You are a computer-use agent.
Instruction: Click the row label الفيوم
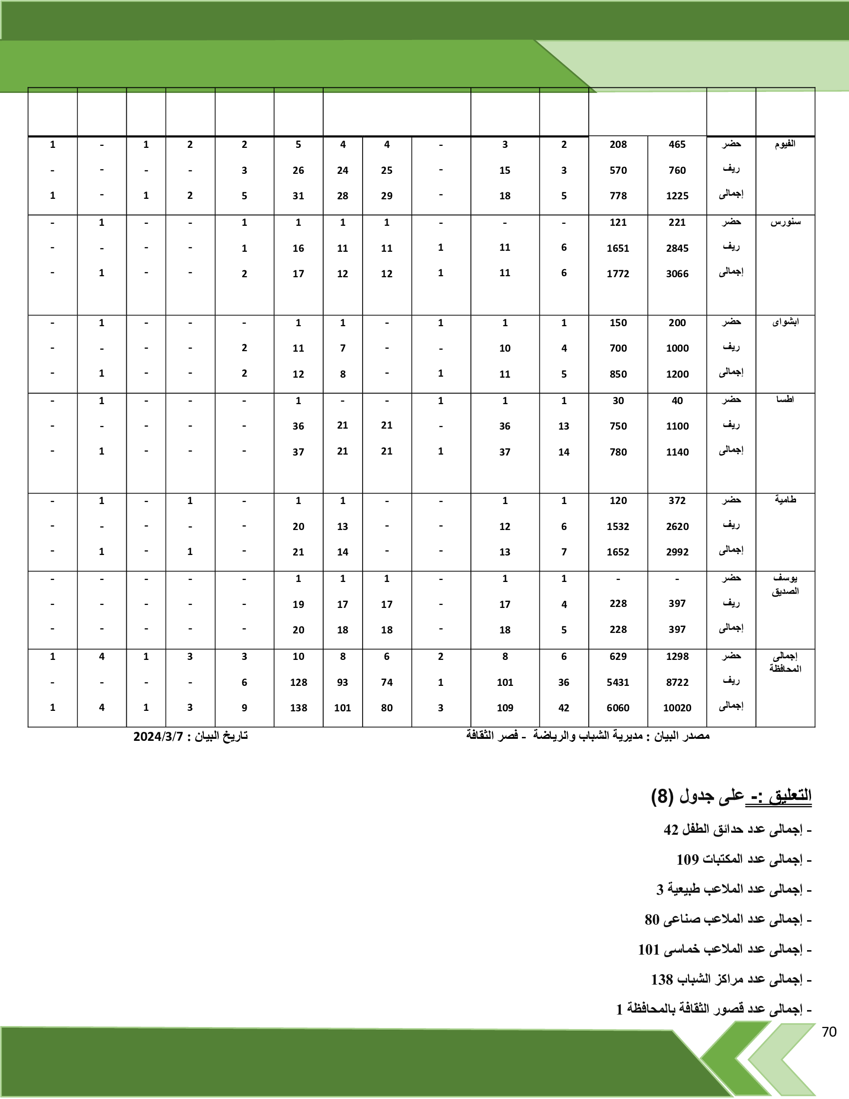click(x=785, y=144)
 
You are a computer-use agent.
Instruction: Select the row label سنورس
click(x=785, y=222)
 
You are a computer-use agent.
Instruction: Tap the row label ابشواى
click(x=785, y=322)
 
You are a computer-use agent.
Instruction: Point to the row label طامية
click(x=785, y=500)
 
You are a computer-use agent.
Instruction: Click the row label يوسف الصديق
click(x=785, y=584)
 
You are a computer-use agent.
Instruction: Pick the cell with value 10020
click(x=677, y=707)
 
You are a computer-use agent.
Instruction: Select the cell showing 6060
click(x=618, y=707)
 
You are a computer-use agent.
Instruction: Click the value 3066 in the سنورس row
click(x=677, y=274)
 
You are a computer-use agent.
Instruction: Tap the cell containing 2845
click(x=677, y=248)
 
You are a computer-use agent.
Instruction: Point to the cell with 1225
click(x=677, y=196)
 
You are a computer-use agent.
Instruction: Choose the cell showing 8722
click(x=677, y=682)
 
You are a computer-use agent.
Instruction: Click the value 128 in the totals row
click(x=298, y=682)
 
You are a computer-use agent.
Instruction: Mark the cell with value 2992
click(x=677, y=552)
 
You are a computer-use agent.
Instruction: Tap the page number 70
click(x=829, y=1032)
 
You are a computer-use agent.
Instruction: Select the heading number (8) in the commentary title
click(x=662, y=797)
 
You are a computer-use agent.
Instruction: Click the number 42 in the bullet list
click(x=671, y=830)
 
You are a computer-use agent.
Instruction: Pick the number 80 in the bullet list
click(x=652, y=919)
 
